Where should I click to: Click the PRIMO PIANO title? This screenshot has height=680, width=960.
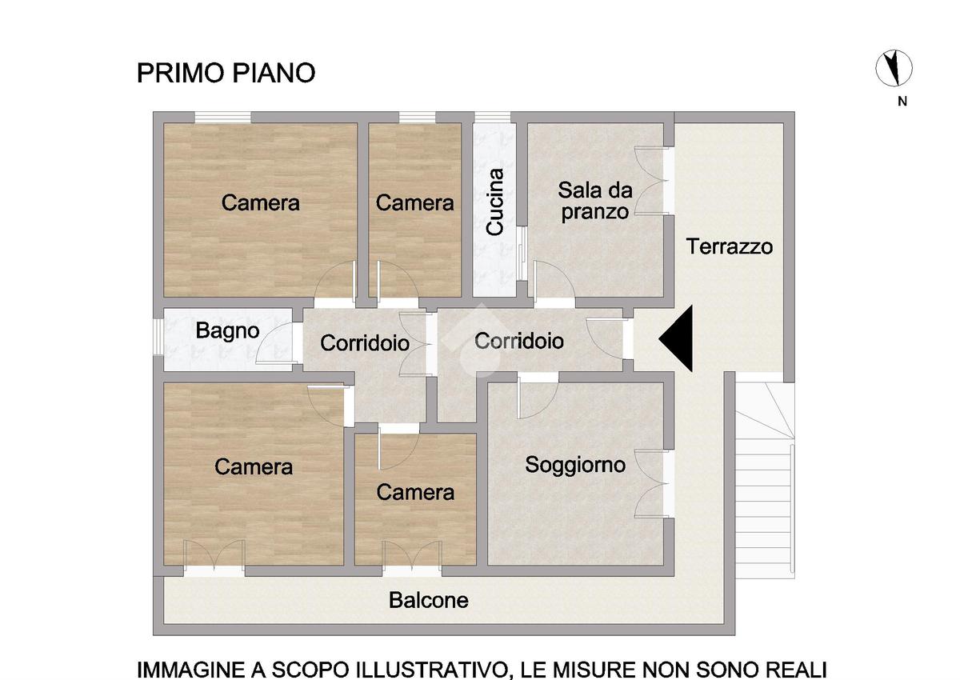[x=226, y=73]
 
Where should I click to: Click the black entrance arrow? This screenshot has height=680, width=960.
[x=676, y=338]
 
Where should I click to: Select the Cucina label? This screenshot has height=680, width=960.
[x=494, y=202]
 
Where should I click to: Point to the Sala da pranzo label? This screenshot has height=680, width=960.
[x=595, y=201]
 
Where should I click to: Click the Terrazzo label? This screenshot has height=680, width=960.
[x=730, y=246]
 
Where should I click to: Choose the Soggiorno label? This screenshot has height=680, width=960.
[x=575, y=466]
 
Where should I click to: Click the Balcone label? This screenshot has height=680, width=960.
[x=429, y=600]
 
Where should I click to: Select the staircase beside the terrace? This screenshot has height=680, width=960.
[x=765, y=480]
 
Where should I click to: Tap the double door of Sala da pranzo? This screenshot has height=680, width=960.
[x=651, y=181]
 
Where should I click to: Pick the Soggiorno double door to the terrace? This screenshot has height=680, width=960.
[x=651, y=483]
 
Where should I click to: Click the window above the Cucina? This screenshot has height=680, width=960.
[x=493, y=117]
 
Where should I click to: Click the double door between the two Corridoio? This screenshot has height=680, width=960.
[x=414, y=345]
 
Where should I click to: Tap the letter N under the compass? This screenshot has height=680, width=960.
[x=902, y=101]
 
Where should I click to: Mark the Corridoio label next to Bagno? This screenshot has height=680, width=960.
[x=365, y=342]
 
